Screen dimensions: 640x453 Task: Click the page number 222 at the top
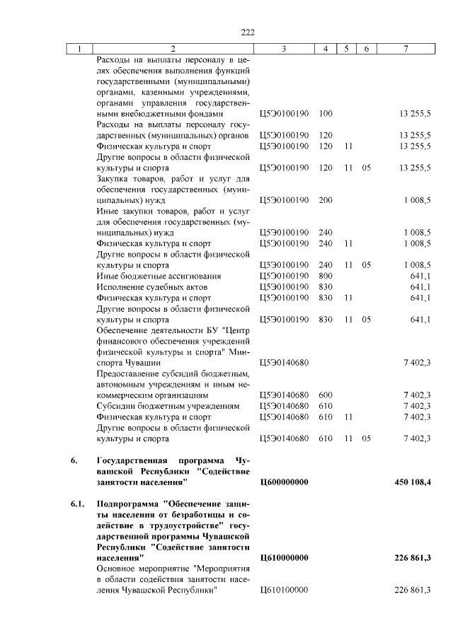pos(247,32)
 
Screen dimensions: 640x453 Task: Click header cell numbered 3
pos(283,49)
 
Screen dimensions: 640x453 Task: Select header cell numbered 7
pos(405,49)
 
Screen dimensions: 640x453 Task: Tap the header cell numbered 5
pos(347,49)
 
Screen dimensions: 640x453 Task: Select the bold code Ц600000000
pos(285,482)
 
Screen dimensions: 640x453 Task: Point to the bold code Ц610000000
pos(285,559)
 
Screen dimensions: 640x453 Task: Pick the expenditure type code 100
pos(326,113)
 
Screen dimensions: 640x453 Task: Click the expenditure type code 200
pos(326,200)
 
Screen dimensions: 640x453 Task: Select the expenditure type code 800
pos(326,275)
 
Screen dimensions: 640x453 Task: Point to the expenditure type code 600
pos(326,394)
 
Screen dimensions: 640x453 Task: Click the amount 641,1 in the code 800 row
pos(420,275)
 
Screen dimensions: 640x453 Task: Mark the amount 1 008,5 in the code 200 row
pos(418,200)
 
